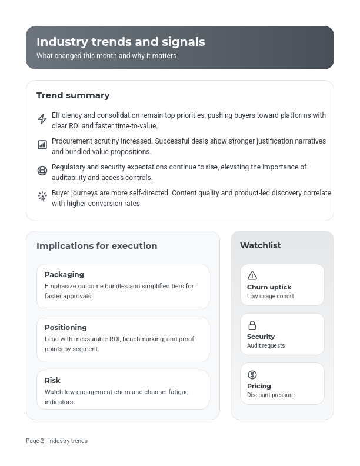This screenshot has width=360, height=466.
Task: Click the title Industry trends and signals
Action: click(121, 42)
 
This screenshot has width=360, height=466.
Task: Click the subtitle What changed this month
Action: click(106, 56)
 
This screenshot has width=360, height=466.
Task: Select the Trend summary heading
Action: click(73, 95)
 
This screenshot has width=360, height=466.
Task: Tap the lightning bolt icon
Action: click(42, 119)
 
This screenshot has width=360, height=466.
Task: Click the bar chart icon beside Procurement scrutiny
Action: click(42, 145)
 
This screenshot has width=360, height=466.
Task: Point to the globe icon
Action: click(42, 171)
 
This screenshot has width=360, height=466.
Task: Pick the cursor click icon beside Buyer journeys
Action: click(42, 197)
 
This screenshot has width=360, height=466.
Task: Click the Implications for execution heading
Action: click(96, 246)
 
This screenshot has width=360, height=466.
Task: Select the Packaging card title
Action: click(64, 274)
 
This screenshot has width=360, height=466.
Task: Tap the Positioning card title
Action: click(65, 327)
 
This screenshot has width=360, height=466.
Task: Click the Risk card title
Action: click(52, 380)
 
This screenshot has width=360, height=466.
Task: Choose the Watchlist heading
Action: click(261, 245)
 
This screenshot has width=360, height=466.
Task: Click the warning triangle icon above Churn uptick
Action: click(252, 276)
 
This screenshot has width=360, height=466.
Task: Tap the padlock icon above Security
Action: click(252, 325)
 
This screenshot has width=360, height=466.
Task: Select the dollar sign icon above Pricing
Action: click(252, 375)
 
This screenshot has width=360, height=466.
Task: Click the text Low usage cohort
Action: click(271, 297)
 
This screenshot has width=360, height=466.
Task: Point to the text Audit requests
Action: click(266, 346)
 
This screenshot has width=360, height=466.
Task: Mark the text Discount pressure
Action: click(271, 395)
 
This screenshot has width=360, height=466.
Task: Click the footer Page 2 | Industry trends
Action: click(56, 441)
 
